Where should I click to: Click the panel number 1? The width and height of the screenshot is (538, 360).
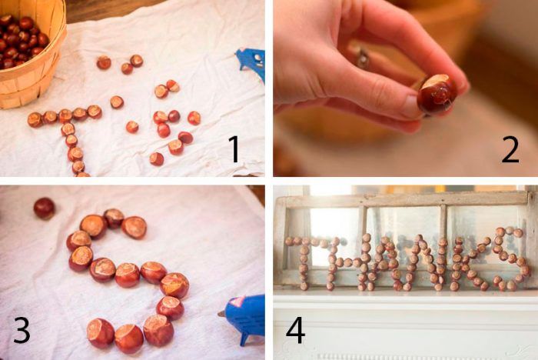pos(234,148)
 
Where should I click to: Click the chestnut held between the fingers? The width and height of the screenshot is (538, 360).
pos(437,94)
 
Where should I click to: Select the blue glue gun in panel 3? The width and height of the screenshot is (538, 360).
pos(244,318)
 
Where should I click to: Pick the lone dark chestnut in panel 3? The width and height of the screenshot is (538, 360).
pos(44,208)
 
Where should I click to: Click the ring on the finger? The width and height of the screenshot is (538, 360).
pos(362,58)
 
